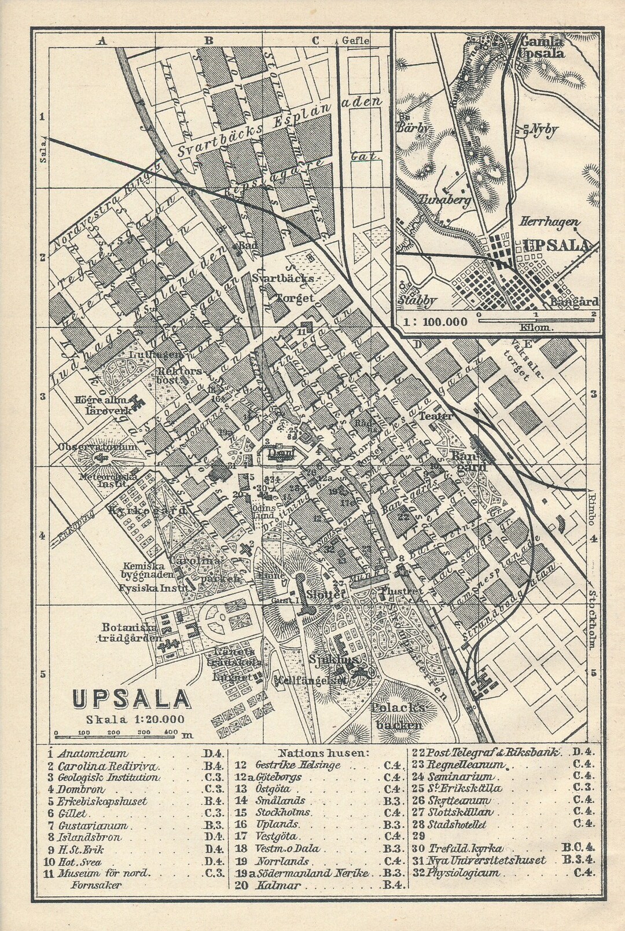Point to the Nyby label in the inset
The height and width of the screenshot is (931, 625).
[x=543, y=129]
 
